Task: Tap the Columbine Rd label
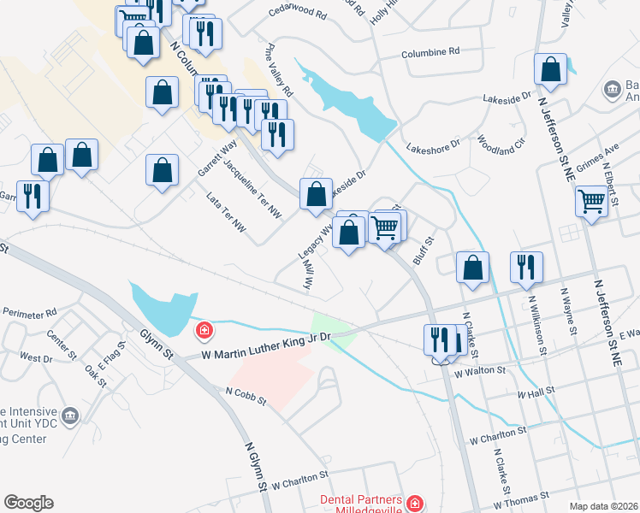coord(430,51)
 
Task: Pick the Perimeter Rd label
coord(28,312)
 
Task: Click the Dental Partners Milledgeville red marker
coord(415,504)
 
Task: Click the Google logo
coord(28,503)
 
